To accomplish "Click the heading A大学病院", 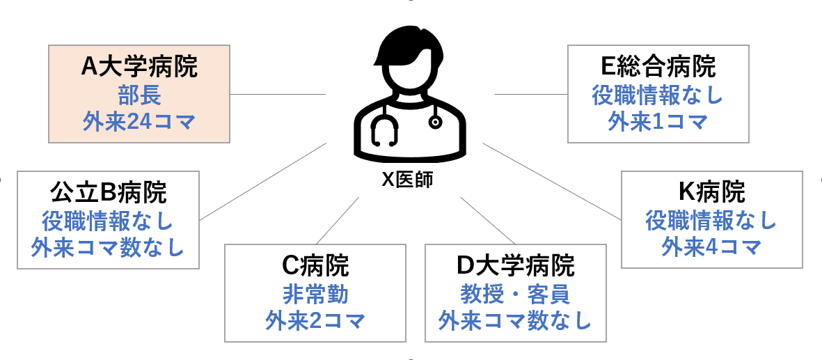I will click(x=139, y=68).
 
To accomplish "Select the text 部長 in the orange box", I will click(x=139, y=95).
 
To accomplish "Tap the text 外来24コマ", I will click(x=139, y=122).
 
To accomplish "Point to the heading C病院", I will click(x=315, y=265).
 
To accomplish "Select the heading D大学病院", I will click(x=515, y=265).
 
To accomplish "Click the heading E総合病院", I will click(x=658, y=67).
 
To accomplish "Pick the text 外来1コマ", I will click(x=658, y=122).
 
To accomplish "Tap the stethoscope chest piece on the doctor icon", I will click(x=436, y=122).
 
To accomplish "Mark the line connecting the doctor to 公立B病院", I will click(x=264, y=181).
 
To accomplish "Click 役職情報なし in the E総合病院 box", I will click(x=658, y=95).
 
